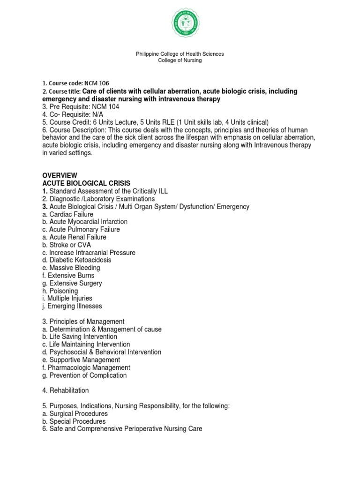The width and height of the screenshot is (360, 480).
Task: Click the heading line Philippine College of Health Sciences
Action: pos(180,54)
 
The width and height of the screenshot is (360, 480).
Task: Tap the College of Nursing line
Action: pos(180,60)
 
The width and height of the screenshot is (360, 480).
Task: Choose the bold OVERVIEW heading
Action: pos(60,175)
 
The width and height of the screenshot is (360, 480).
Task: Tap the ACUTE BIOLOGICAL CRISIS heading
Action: pos(86,183)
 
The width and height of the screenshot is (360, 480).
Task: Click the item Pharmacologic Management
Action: pos(89,367)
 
